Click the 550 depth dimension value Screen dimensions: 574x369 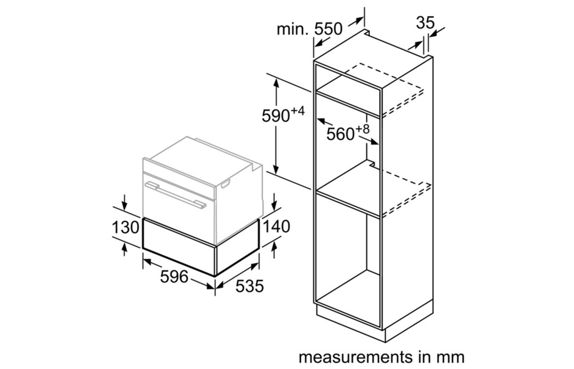coord(328,29)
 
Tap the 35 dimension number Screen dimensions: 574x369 coord(425,23)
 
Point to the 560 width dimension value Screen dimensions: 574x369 coord(341,134)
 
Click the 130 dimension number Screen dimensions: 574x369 coord(125,227)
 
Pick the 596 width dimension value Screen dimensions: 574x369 coord(174,277)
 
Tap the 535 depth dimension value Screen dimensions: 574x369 coord(249,286)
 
